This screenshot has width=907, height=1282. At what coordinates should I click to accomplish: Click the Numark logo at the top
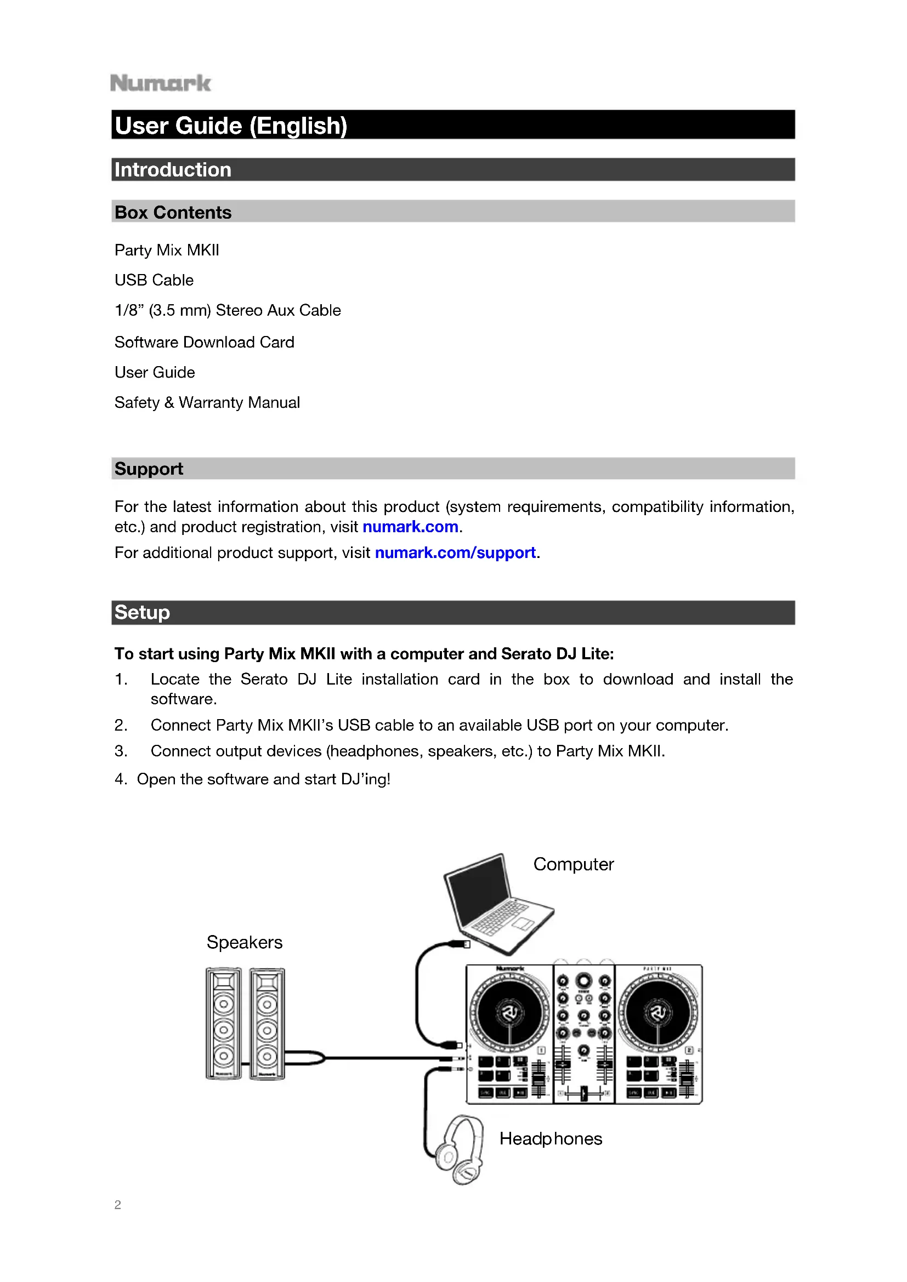point(160,83)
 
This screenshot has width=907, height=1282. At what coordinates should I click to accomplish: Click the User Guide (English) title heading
point(231,126)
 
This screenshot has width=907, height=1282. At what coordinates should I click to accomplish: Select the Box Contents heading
point(173,212)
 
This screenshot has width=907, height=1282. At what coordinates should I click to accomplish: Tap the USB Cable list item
point(154,280)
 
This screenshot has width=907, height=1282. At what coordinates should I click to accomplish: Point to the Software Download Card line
point(205,341)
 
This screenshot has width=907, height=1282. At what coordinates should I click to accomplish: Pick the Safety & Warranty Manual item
point(207,402)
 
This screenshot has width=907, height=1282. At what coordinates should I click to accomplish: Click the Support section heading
point(149,469)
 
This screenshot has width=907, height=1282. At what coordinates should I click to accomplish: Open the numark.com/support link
point(455,552)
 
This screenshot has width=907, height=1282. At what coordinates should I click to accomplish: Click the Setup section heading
point(142,612)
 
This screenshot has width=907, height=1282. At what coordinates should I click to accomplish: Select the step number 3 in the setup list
point(121,751)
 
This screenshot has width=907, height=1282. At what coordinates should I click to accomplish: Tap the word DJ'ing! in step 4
point(365,779)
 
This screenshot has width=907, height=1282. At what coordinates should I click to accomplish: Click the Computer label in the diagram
point(573,864)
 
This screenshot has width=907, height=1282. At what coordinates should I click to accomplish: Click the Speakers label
point(245,942)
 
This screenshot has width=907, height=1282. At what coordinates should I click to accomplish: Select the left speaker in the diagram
point(223,1023)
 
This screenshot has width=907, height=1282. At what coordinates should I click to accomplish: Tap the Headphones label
point(551,1138)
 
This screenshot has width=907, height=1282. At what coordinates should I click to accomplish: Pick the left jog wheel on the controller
point(509,1012)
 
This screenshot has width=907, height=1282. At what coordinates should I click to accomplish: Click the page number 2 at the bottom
point(117,1204)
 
